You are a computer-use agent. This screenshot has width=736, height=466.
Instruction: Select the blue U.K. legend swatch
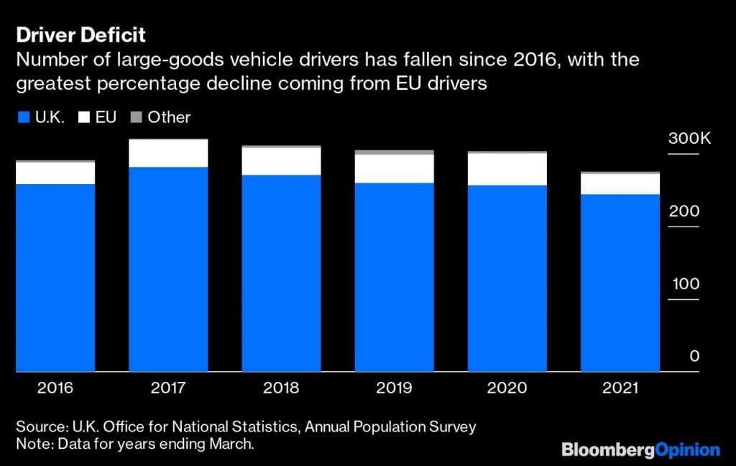pos(22,117)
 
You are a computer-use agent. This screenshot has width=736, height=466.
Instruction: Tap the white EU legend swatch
pos(81,117)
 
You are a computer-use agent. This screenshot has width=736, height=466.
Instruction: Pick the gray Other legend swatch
pos(134,117)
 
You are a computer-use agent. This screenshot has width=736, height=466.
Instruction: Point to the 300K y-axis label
pos(689,139)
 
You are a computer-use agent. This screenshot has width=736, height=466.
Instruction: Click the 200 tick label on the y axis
pos(684,211)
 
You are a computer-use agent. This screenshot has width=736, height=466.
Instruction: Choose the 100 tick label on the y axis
pos(686,284)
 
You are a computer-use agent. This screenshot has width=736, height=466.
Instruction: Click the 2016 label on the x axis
pos(55,389)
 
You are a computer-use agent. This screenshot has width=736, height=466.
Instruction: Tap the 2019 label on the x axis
pos(394,389)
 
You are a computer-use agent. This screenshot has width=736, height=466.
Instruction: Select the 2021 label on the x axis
pos(620,389)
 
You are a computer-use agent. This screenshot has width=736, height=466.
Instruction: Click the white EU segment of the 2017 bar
pos(168,153)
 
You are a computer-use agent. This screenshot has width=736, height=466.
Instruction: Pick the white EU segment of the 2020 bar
pos(507,170)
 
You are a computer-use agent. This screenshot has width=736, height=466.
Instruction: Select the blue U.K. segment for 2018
pos(281,273)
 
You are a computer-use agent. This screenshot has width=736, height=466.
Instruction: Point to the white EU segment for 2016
pos(55,173)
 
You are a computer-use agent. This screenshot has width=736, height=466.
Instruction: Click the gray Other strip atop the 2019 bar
pos(394,152)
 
